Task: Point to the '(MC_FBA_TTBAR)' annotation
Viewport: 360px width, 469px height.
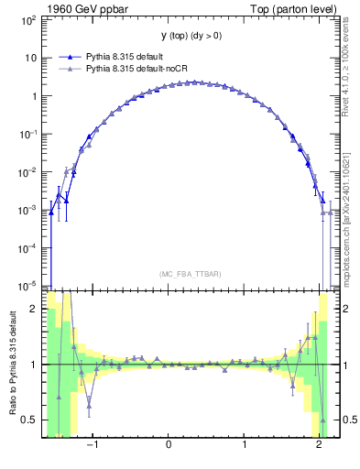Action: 187,274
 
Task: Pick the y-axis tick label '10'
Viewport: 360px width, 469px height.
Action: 31,57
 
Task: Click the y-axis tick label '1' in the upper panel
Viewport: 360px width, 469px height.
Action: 35,95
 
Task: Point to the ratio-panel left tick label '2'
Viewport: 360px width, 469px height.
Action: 35,309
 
